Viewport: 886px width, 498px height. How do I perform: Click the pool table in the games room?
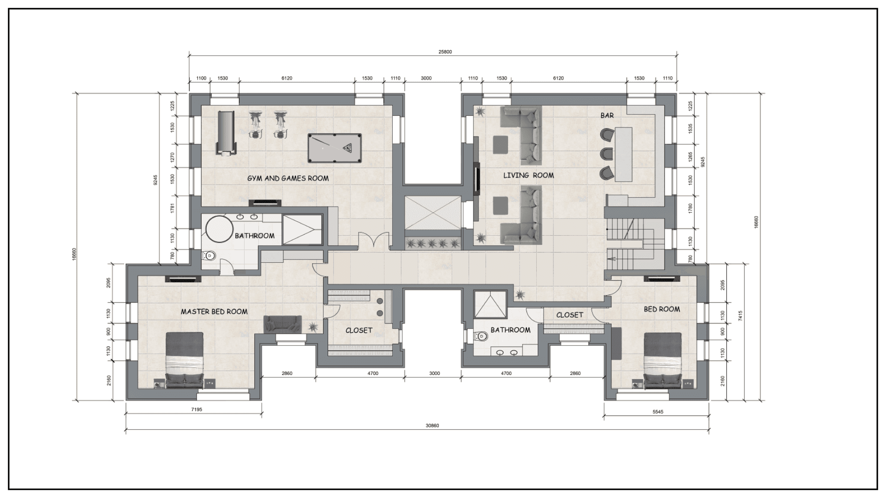[335, 148]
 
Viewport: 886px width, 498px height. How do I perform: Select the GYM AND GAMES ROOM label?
[288, 178]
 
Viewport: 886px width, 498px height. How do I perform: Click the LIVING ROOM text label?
[528, 175]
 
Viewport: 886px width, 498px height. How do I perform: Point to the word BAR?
[607, 115]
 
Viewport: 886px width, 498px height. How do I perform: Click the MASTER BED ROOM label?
[214, 312]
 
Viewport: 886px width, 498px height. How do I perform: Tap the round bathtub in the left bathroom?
[219, 229]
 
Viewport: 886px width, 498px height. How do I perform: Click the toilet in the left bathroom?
[209, 255]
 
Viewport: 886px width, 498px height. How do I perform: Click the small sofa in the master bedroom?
[282, 324]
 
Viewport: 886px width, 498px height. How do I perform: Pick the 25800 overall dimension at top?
[445, 52]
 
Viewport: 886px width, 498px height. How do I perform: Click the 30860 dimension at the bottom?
[432, 426]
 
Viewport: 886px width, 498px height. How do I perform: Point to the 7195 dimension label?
[197, 409]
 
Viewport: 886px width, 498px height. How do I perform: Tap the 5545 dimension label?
[658, 412]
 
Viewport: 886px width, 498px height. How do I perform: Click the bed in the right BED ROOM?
[662, 360]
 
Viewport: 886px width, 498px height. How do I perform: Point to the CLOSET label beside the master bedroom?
[359, 331]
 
